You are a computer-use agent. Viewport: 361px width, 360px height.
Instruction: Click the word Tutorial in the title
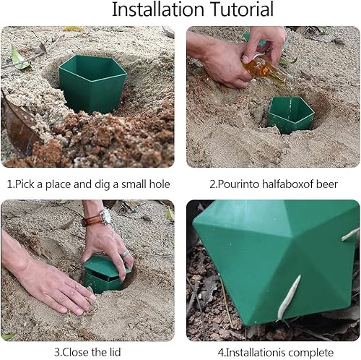pyautogui.click(x=242, y=9)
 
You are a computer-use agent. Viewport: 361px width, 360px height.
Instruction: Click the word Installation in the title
pyautogui.click(x=158, y=9)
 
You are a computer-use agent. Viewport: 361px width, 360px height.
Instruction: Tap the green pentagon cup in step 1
pyautogui.click(x=92, y=84)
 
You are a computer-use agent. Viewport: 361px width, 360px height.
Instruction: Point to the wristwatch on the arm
pyautogui.click(x=97, y=218)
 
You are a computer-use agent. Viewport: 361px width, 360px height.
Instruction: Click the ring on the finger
pyautogui.click(x=125, y=253)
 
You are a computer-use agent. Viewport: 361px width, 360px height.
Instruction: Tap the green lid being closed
pyautogui.click(x=106, y=266)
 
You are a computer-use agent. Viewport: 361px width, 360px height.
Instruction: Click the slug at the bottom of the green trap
pyautogui.click(x=289, y=299)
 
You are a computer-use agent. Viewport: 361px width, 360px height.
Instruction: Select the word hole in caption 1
pyautogui.click(x=160, y=184)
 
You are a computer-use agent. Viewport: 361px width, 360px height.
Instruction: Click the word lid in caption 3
pyautogui.click(x=114, y=352)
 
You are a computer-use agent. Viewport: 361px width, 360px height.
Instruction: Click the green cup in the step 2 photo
pyautogui.click(x=291, y=115)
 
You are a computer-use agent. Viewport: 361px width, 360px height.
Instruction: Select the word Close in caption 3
pyautogui.click(x=75, y=352)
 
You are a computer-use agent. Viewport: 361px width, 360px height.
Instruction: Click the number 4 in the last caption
pyautogui.click(x=220, y=353)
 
